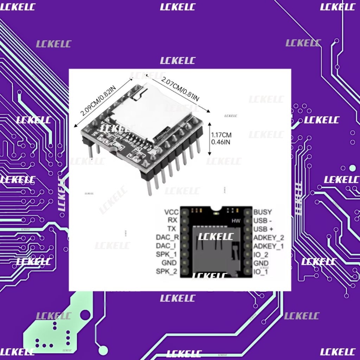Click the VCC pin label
coord(172,212)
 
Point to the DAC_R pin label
coord(167,237)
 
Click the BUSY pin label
coord(263,212)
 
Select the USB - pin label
coord(263,220)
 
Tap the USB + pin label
coord(263,229)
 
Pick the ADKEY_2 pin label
coord(269,237)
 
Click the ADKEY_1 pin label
coord(269,246)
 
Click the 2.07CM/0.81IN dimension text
coord(179,89)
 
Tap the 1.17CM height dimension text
coord(221,135)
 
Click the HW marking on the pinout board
coord(236,221)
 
